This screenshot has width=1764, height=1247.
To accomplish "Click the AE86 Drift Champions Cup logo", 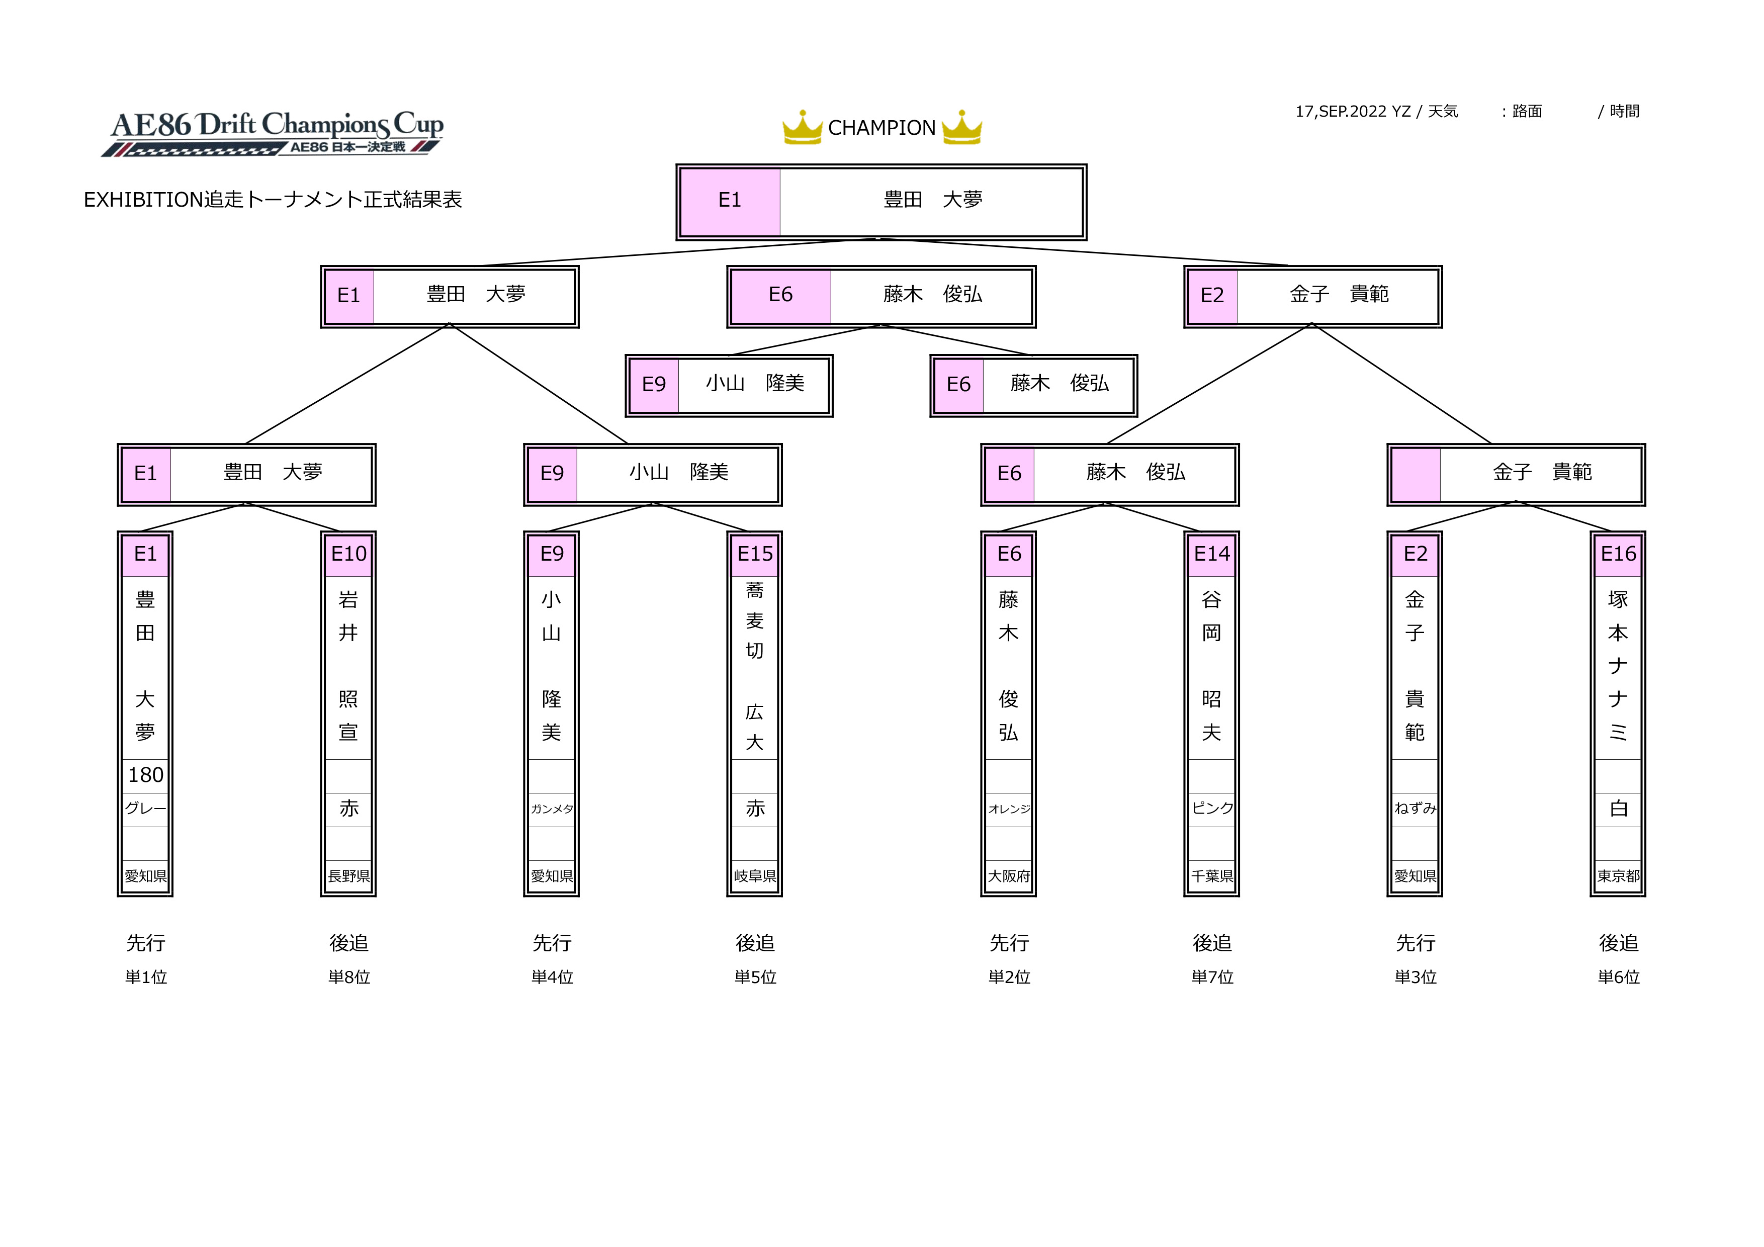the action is click(273, 133).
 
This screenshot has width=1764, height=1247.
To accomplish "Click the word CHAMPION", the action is click(882, 128).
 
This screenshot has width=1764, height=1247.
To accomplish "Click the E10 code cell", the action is click(349, 554).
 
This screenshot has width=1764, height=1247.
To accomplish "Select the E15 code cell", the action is click(755, 554).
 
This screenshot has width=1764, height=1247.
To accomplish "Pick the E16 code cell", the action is click(1618, 554).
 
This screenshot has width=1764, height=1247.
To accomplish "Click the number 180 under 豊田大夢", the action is click(145, 775).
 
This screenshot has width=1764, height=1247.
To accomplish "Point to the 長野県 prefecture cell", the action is click(349, 876).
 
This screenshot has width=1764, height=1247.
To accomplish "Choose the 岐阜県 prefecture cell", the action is click(755, 876).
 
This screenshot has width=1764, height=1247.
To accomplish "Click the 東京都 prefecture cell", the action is click(1618, 876).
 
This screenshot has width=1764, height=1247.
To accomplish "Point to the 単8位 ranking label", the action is click(349, 977).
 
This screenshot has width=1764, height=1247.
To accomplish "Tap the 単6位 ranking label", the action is click(1619, 977).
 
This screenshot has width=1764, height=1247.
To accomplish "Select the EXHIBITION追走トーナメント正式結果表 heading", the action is click(273, 200).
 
